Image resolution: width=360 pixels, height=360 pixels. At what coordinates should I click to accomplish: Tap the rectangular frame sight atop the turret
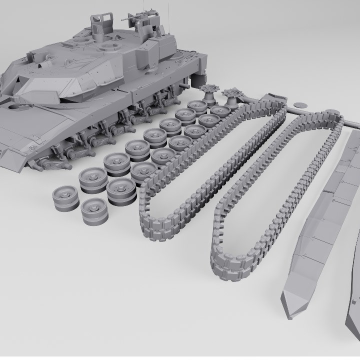click(101, 22)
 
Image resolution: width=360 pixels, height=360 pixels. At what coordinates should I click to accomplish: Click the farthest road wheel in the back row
click(197, 106)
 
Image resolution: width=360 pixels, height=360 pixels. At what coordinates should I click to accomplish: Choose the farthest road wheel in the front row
click(220, 111)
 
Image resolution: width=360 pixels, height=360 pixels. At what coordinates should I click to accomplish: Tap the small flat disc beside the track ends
click(300, 105)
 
